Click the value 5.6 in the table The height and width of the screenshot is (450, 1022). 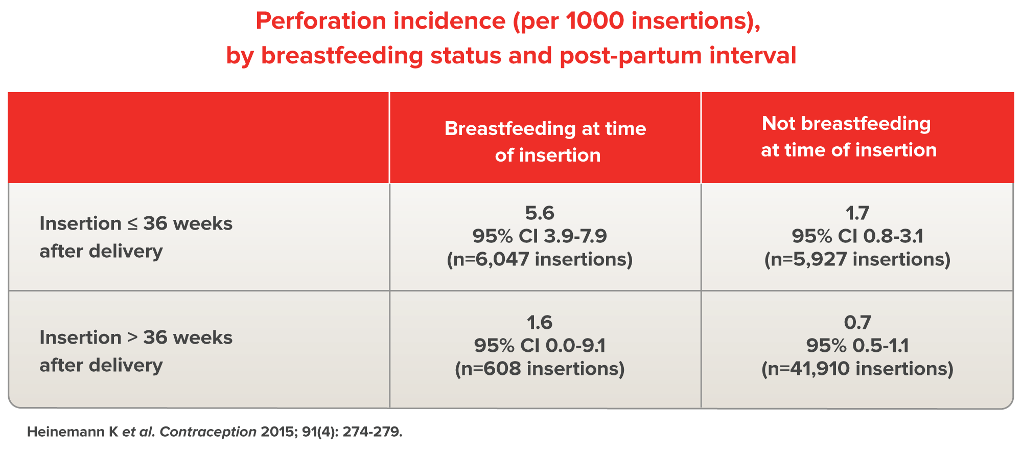tap(540, 213)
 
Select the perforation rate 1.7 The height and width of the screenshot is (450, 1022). tap(857, 213)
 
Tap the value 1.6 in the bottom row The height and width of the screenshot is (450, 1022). tap(540, 322)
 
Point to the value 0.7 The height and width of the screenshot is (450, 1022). tap(857, 322)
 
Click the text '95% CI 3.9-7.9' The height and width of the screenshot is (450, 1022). tap(540, 236)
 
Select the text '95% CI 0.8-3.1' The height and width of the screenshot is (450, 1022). tap(857, 236)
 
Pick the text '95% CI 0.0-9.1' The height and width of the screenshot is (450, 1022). tap(540, 346)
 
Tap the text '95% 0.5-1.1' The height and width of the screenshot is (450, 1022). tap(857, 346)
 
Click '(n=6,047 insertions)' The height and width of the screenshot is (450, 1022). tap(540, 259)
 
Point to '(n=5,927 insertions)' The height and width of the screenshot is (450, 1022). tap(857, 259)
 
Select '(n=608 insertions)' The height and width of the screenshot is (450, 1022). tap(540, 369)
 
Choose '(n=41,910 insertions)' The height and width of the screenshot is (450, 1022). tap(857, 369)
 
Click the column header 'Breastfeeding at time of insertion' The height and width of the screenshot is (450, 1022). tap(545, 142)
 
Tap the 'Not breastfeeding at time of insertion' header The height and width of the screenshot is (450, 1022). tap(849, 137)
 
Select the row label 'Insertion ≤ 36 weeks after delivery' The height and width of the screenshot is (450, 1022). tap(136, 237)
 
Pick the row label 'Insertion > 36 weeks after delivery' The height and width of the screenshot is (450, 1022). tap(136, 351)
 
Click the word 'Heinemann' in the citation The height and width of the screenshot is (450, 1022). tap(65, 432)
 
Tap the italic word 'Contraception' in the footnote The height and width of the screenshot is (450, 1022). tap(208, 432)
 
